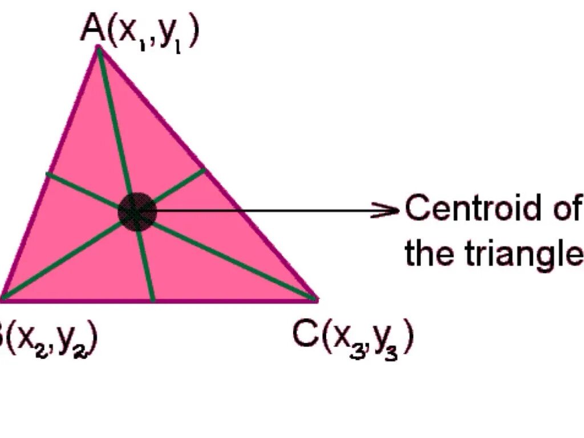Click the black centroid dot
[x=137, y=212]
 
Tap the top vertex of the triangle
[x=98, y=47]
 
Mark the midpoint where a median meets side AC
[x=204, y=169]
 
